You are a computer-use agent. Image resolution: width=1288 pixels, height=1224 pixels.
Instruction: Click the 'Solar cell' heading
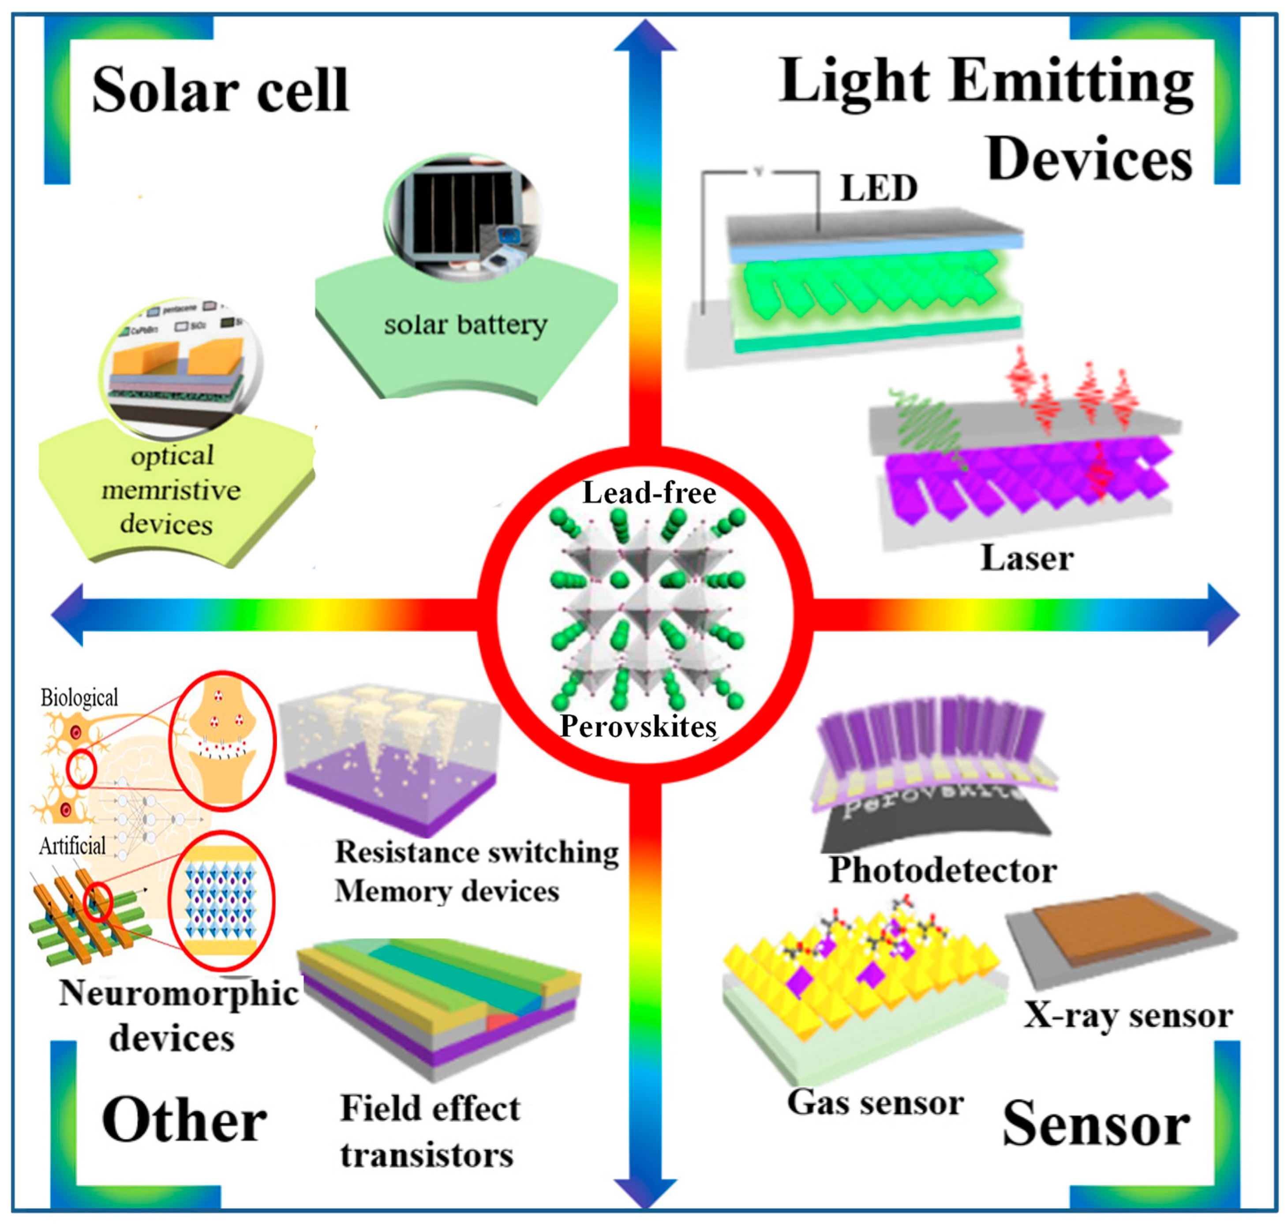[221, 90]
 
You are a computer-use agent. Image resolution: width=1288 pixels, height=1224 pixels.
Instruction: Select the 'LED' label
[878, 189]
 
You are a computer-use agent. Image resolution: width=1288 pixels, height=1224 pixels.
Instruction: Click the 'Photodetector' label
[943, 869]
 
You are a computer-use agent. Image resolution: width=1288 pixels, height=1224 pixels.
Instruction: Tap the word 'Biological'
[79, 698]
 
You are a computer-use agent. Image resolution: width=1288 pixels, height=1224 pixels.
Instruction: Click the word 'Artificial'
[72, 846]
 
